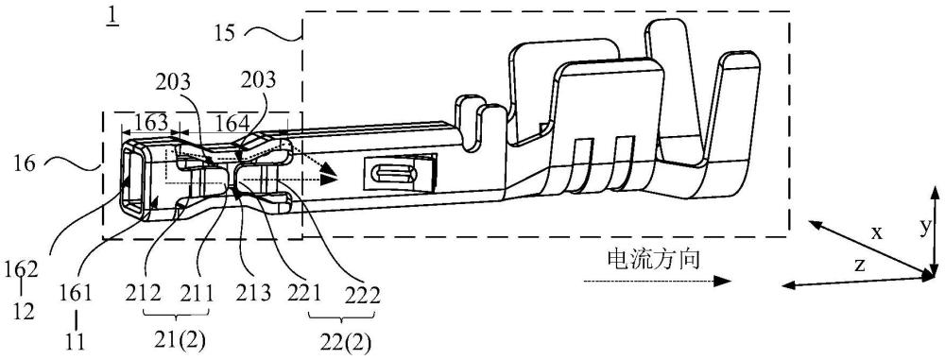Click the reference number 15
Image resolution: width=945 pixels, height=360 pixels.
pyautogui.click(x=226, y=32)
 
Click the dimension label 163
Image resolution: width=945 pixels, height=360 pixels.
pyautogui.click(x=150, y=123)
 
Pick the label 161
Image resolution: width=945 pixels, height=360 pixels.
pyautogui.click(x=76, y=295)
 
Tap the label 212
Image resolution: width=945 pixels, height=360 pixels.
pyautogui.click(x=144, y=295)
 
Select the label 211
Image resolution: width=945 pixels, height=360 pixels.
pyautogui.click(x=198, y=295)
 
